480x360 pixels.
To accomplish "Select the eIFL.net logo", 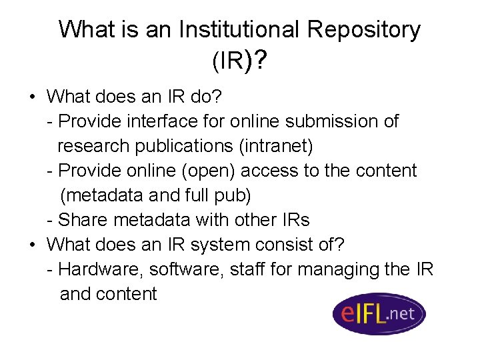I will (x=379, y=313).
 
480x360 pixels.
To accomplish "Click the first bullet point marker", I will (x=32, y=97).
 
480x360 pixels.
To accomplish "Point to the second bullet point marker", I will (x=32, y=245).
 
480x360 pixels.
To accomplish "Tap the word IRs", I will (x=294, y=220).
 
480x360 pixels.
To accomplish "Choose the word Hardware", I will (x=100, y=269).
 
